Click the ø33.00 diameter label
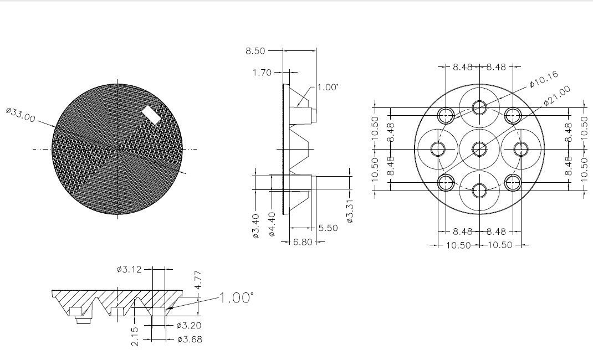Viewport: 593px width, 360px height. (x=21, y=115)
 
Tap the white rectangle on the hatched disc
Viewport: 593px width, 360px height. (x=151, y=114)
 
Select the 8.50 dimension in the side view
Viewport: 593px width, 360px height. (x=255, y=50)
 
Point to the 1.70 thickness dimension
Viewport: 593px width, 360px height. (x=262, y=72)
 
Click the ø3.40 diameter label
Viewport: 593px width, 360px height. (x=255, y=226)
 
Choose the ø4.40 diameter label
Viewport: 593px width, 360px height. (x=272, y=224)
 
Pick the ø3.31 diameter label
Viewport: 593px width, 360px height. (x=350, y=211)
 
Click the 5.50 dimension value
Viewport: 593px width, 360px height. (x=328, y=228)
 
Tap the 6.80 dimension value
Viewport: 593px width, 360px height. (x=303, y=242)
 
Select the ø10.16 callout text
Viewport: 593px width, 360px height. (x=544, y=79)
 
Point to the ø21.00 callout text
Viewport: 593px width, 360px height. (x=556, y=96)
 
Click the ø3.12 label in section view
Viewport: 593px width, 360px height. (x=129, y=269)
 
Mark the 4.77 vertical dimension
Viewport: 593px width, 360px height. (x=198, y=280)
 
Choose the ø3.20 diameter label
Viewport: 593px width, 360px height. (x=189, y=325)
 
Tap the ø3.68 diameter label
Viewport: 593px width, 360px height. (x=190, y=339)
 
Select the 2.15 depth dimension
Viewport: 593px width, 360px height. (x=135, y=336)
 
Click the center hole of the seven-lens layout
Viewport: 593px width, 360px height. (x=479, y=149)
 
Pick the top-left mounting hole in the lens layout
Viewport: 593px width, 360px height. (x=446, y=115)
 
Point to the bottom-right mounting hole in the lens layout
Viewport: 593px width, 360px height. (x=513, y=183)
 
